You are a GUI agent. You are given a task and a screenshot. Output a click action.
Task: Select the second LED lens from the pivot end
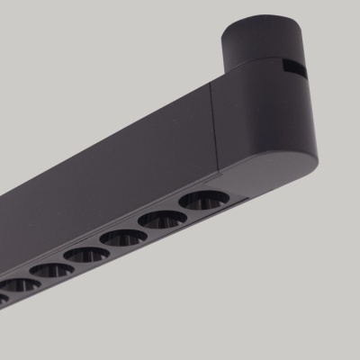(x=163, y=220)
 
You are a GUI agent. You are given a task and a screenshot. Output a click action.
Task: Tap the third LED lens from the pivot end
(x=123, y=238)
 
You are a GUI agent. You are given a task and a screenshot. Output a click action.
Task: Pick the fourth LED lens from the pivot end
(x=86, y=256)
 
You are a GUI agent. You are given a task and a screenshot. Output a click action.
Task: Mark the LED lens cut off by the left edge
(x=3, y=298)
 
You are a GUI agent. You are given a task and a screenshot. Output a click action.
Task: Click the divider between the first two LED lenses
(x=184, y=211)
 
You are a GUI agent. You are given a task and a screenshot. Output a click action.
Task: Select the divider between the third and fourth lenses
(x=104, y=248)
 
